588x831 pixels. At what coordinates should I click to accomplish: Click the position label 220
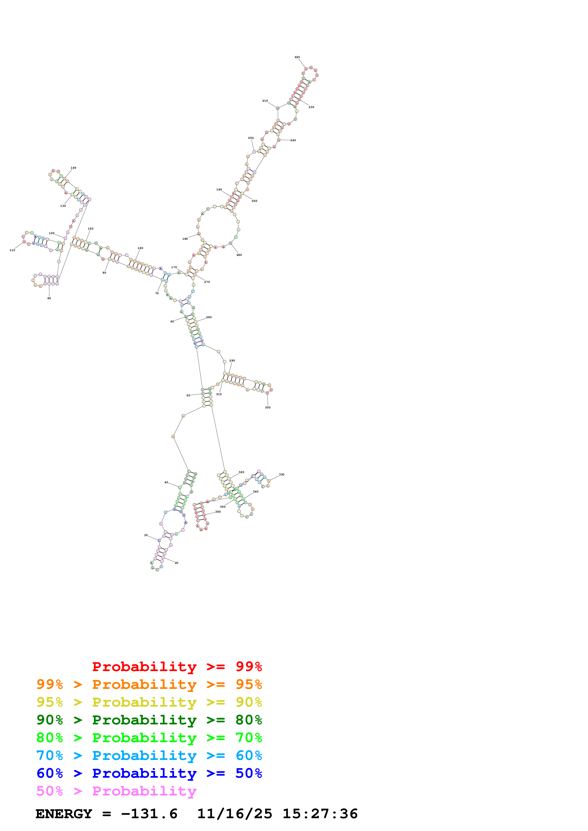tap(297, 57)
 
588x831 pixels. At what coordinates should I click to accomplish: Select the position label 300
tap(268, 407)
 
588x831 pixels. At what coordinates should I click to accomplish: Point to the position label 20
tap(176, 563)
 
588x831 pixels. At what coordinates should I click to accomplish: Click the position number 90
tap(49, 298)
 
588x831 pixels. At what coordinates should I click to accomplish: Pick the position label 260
tap(239, 255)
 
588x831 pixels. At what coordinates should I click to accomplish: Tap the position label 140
tap(74, 168)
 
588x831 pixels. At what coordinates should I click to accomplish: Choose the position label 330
tap(282, 474)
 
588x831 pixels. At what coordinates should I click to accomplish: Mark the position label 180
tap(185, 239)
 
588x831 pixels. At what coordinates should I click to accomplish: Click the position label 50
tap(188, 396)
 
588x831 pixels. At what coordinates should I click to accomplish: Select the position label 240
tap(293, 140)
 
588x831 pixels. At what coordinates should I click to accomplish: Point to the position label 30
tap(146, 535)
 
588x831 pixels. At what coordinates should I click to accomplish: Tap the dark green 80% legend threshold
tap(249, 720)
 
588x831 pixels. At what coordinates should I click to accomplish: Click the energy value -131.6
tap(149, 814)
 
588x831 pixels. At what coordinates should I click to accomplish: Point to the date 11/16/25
tap(234, 814)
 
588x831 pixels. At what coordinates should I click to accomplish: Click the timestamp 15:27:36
tap(320, 814)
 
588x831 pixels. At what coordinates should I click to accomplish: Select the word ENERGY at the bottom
tap(64, 814)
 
